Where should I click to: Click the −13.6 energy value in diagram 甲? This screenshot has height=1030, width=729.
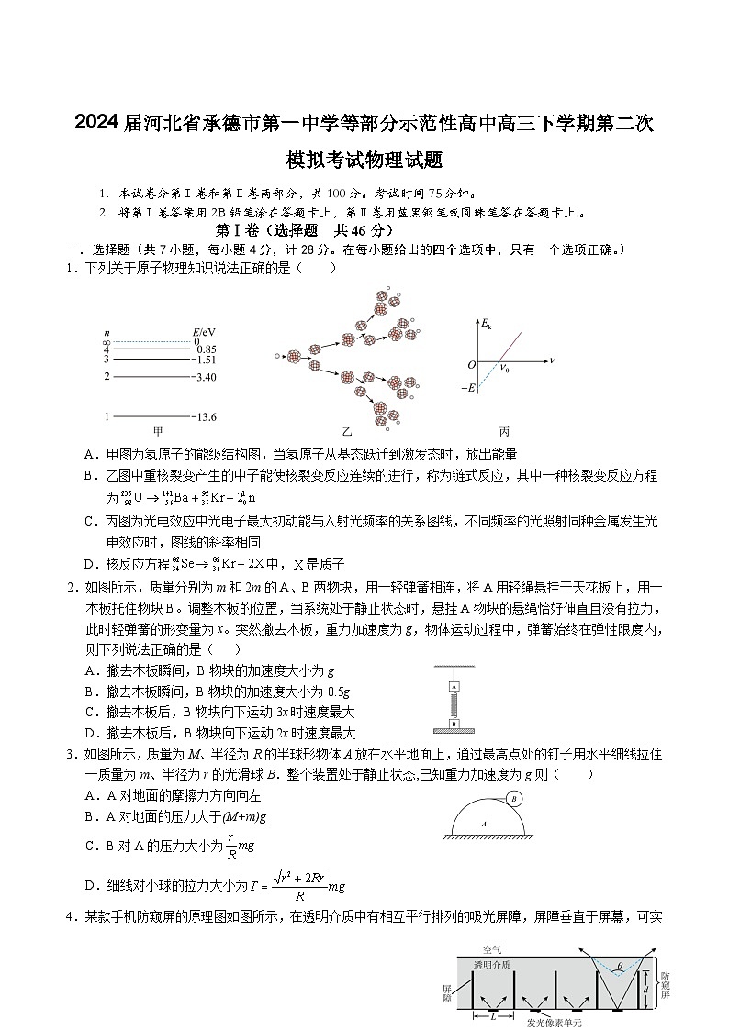(x=205, y=417)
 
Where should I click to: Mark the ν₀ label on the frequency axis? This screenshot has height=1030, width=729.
(x=503, y=369)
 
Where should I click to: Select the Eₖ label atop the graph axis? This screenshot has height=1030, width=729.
(x=487, y=325)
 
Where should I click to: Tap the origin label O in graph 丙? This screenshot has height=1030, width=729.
(x=471, y=364)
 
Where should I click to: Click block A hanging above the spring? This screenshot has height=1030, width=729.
(x=454, y=686)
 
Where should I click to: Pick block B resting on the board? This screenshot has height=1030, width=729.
(x=454, y=723)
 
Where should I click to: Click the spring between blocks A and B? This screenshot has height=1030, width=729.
(x=454, y=704)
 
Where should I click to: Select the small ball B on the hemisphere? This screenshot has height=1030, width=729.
(x=515, y=799)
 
